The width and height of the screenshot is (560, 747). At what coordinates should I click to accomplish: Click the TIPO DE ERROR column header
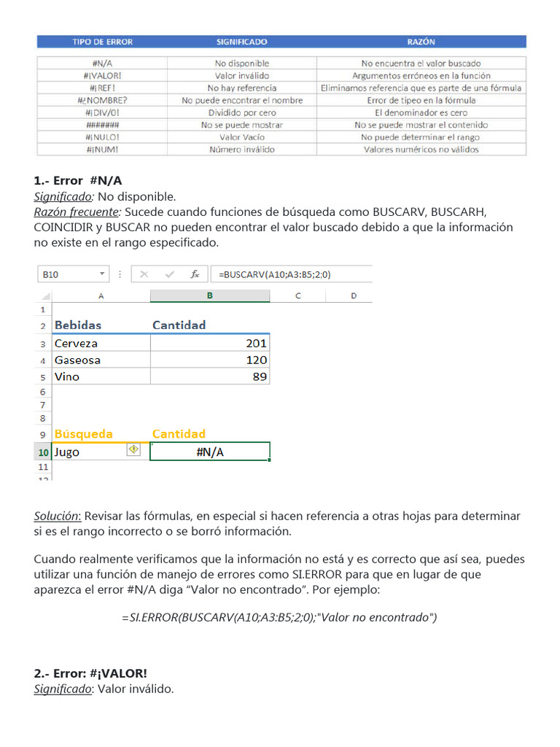pos(102,42)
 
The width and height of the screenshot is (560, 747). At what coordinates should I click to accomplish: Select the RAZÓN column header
pos(421,42)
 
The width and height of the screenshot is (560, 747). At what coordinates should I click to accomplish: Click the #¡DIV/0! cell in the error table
pos(102,112)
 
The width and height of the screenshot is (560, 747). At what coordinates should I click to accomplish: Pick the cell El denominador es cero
pos(421,112)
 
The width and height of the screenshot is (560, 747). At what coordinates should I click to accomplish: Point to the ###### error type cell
pos(102,125)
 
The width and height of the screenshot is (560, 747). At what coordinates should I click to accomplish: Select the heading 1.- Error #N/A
pos(83,180)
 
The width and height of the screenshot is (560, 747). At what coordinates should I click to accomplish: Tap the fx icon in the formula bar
pos(195,274)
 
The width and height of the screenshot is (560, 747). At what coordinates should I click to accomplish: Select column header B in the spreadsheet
pos(210,295)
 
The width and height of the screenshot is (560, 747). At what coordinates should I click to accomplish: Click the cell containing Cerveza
pos(77,343)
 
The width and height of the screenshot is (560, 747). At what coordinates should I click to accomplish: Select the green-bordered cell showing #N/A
pos(210,452)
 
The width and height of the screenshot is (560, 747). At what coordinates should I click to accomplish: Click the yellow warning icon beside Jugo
pos(133,450)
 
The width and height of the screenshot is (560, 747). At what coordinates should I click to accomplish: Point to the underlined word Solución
pos(57,516)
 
